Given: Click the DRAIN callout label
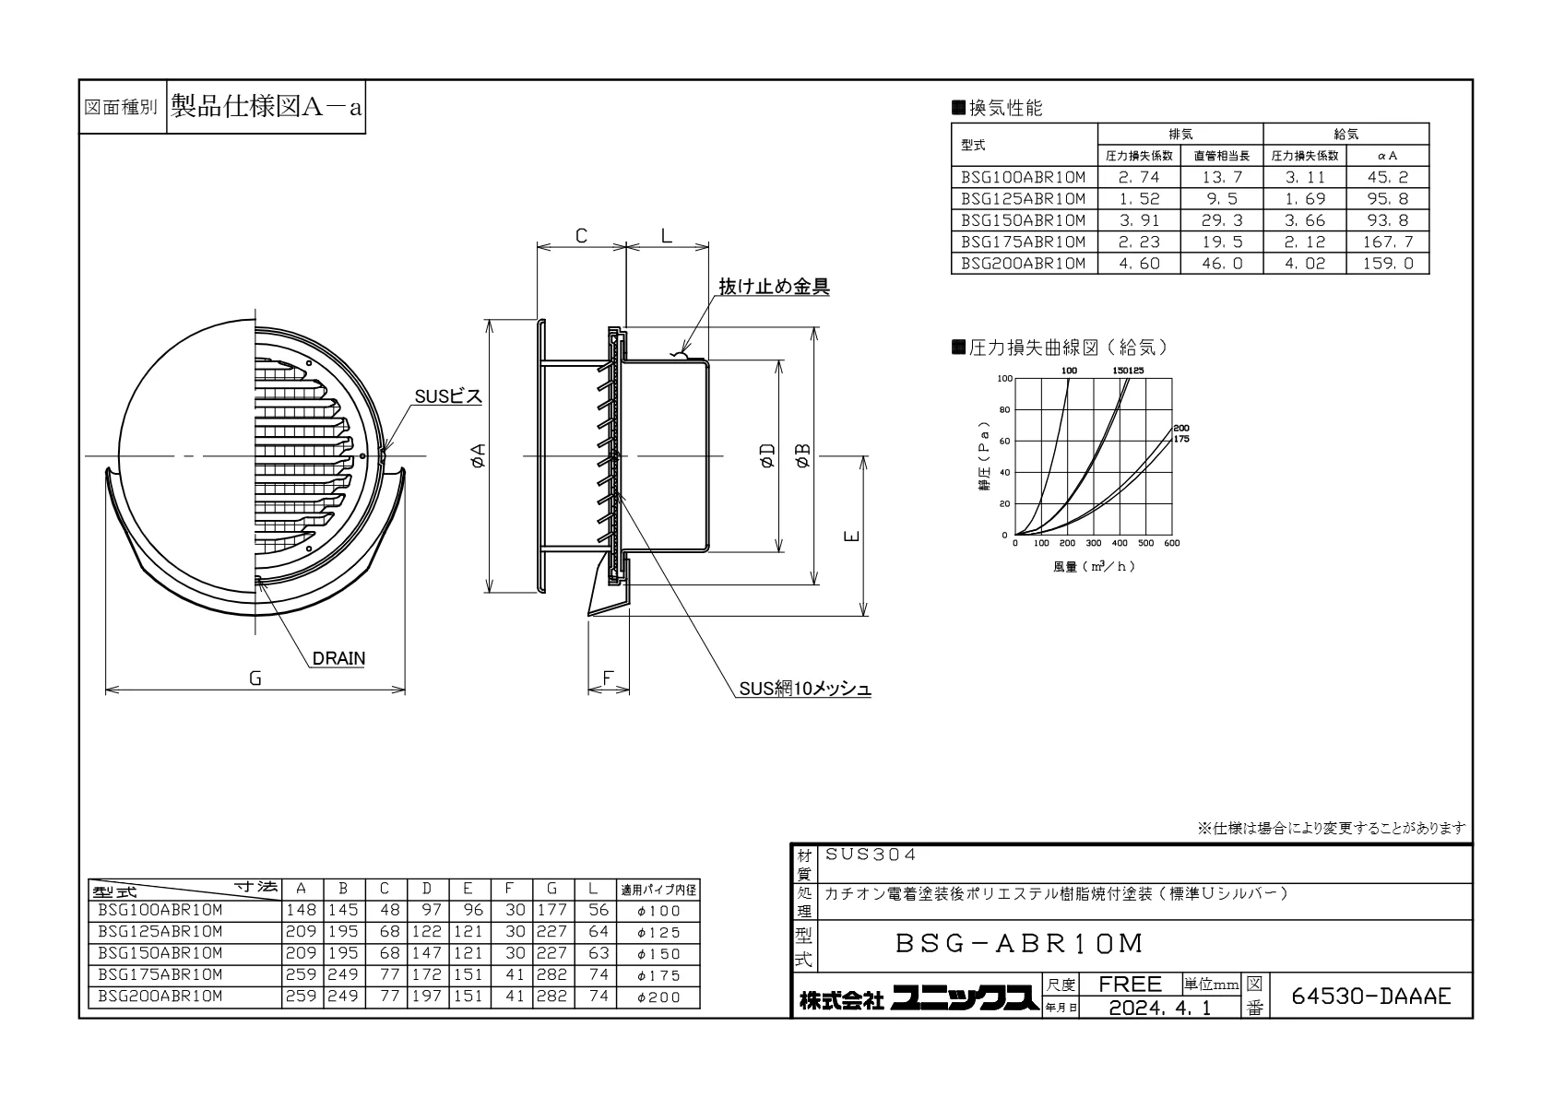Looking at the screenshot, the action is [x=338, y=658].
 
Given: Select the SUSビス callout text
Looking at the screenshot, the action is [x=448, y=396].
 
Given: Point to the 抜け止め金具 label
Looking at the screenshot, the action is [x=774, y=286].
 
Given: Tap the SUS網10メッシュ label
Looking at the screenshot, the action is [x=805, y=688].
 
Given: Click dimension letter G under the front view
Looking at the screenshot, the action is [x=255, y=678].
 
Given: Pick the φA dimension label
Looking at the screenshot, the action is [x=479, y=455].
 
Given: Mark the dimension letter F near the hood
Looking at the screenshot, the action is [x=608, y=678].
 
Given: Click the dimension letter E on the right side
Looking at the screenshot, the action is [x=852, y=536].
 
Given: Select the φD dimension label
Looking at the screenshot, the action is [x=767, y=455].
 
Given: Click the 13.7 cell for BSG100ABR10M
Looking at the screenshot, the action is [x=1222, y=177].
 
